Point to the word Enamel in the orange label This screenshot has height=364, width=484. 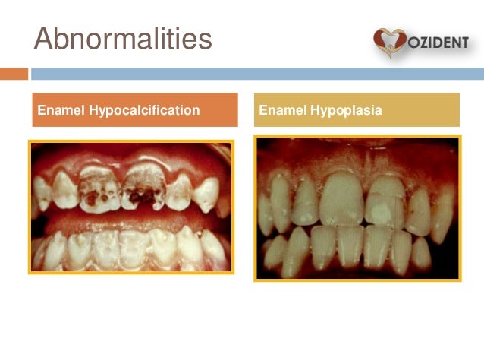point(61,110)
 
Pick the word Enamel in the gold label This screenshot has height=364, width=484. point(282,111)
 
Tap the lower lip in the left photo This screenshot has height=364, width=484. point(129,264)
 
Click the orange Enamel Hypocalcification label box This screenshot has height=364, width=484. point(133,110)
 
